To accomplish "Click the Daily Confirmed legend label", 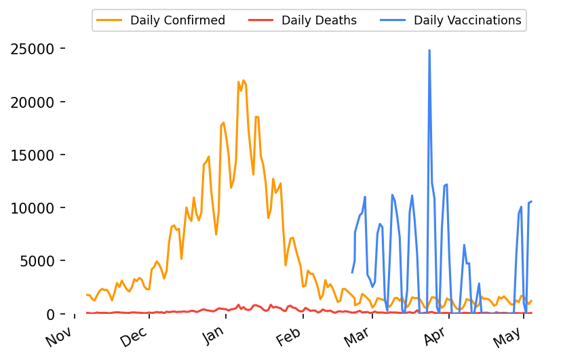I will (x=177, y=20).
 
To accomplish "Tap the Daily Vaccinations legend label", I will (x=467, y=20).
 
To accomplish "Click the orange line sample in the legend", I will (x=110, y=20).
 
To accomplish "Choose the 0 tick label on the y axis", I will (x=51, y=314).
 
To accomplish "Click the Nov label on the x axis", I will (x=59, y=336).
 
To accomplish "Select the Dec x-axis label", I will (x=134, y=336).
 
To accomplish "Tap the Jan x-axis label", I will (x=213, y=336).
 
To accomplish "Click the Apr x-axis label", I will (x=436, y=336).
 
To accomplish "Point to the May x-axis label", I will (x=510, y=336).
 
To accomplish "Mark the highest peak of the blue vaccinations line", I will (x=429, y=50).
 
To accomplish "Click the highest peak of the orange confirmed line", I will (x=244, y=81).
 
